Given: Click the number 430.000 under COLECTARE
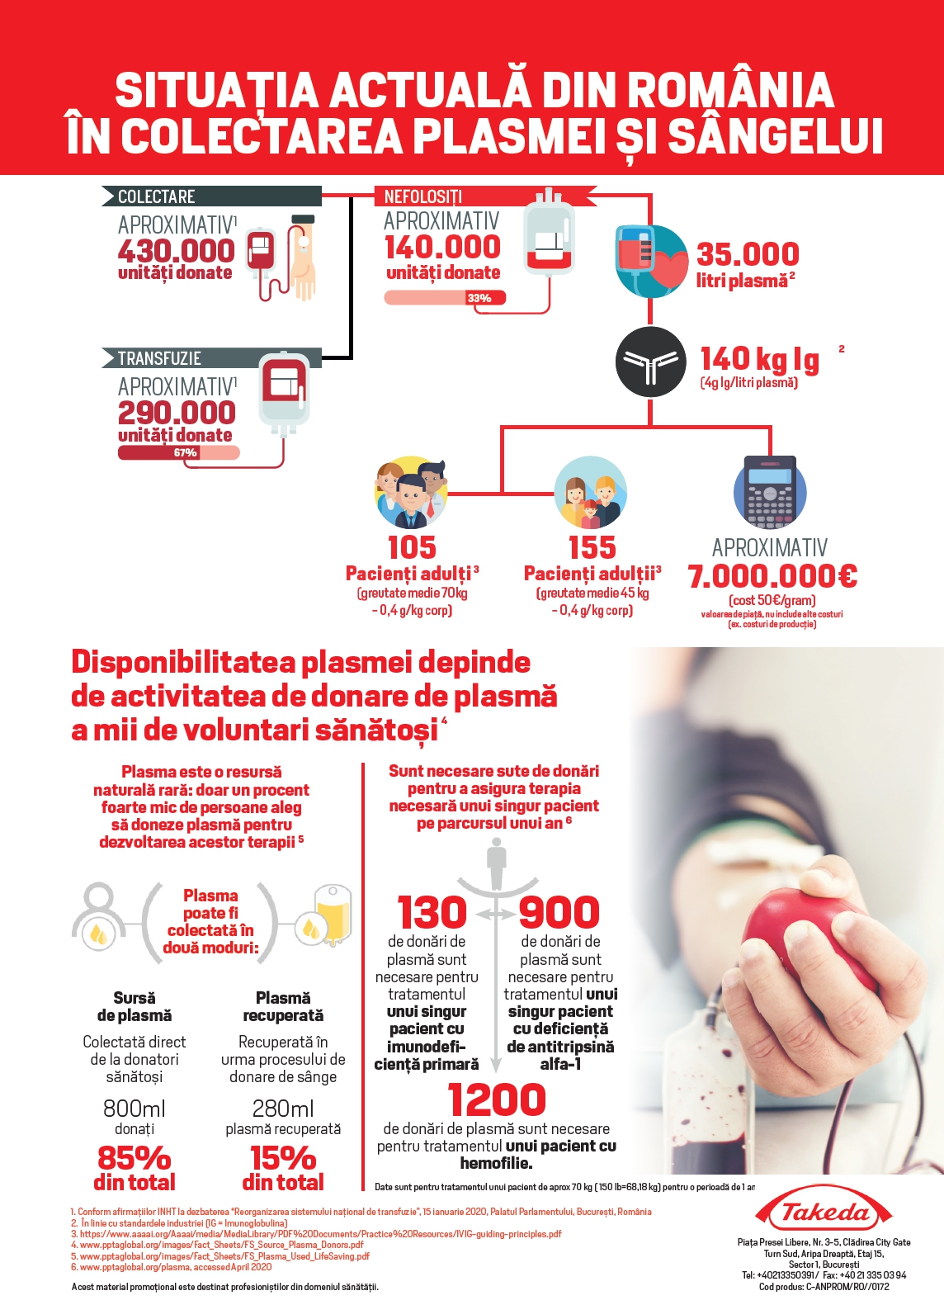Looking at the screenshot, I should pos(176,250).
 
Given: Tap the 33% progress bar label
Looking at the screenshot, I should pos(479,298).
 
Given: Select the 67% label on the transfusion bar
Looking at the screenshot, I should pos(185,452).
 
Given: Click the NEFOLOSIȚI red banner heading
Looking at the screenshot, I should pos(422,196).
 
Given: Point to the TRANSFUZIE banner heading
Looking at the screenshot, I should pos(159,358).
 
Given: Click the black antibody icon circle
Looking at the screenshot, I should pos(650,362).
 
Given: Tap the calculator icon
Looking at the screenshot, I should pos(769,492).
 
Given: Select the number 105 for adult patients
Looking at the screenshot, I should pos(412,547).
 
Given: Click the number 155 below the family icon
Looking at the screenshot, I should pos(592,547).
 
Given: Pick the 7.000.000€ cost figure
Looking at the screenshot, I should pos(772,576).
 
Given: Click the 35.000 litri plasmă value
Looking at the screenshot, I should pos(748,254).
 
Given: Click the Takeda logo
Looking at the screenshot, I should pos(824,1212).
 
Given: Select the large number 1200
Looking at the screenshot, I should pos(497,1099).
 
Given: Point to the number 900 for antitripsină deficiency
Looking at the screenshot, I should pos(559,912).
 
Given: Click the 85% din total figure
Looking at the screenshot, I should pos(135,1158).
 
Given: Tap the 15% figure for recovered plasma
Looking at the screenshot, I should pos(282,1158).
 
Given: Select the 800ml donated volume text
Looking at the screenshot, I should pos(135,1109).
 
